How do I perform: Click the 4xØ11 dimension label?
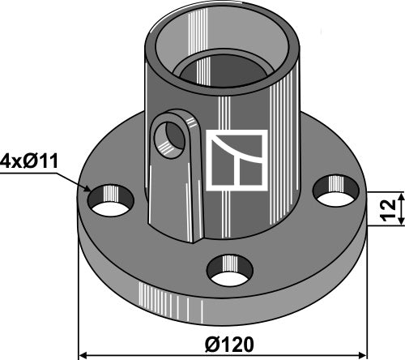coord(29,161)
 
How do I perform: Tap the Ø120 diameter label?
coord(229,345)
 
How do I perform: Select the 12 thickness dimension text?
coord(388,210)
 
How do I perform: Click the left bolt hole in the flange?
coord(111,200)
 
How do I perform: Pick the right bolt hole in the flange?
coord(336,191)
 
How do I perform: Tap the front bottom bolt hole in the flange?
coord(230,270)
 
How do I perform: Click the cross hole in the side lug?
coord(169,140)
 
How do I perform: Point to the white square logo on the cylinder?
coord(237,161)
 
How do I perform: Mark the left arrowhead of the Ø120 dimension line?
coord(82,354)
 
